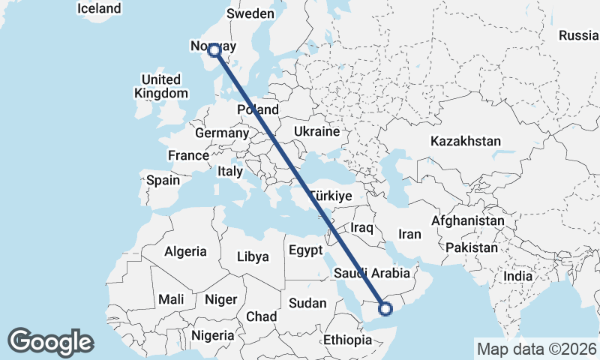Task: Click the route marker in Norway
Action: [214, 50]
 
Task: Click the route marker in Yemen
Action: [385, 307]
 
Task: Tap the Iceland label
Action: [99, 9]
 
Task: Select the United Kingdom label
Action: [161, 86]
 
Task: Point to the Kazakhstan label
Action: [465, 141]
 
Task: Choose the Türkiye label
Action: [331, 195]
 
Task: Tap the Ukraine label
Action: [317, 131]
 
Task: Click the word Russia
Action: [579, 35]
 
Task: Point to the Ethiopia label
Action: [347, 340]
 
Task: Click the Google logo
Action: [50, 342]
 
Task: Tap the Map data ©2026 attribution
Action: [537, 349]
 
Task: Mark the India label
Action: [517, 276]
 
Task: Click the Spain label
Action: [163, 180]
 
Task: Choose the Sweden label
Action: [250, 13]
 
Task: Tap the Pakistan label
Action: [471, 247]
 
